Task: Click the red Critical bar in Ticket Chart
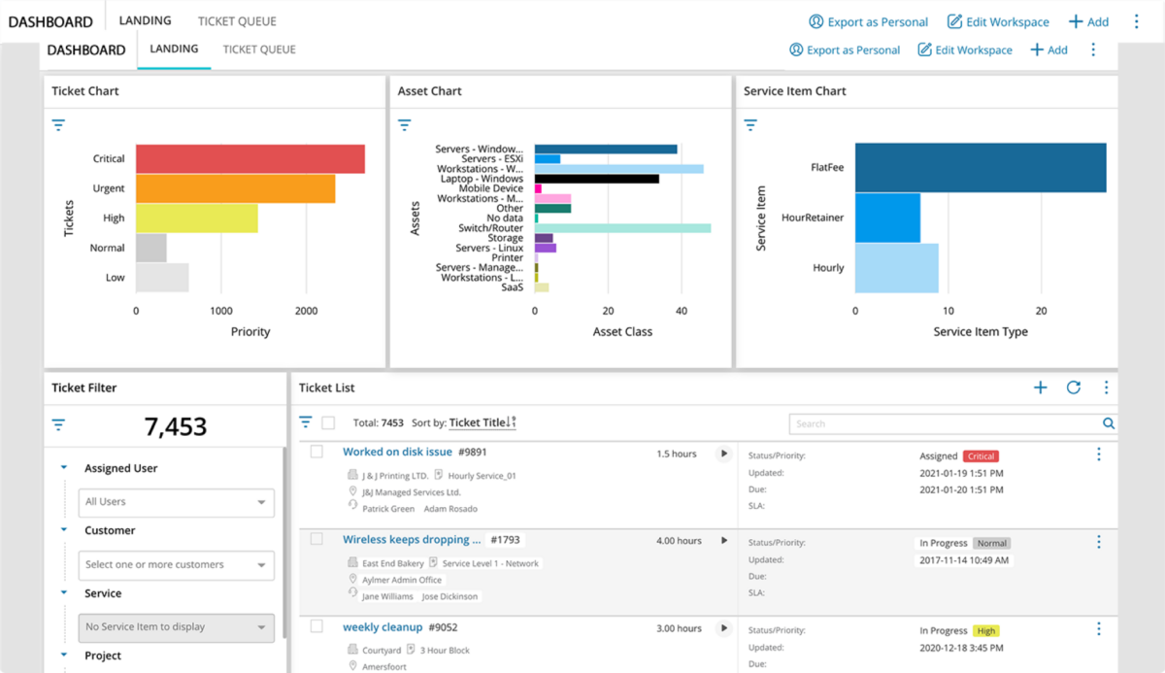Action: tap(250, 159)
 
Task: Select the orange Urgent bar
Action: tap(235, 188)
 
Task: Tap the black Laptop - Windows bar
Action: tap(596, 179)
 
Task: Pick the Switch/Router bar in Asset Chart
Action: tap(622, 228)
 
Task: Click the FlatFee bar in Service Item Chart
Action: tap(980, 168)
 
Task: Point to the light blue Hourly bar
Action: tap(896, 268)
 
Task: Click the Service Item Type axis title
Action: tap(980, 332)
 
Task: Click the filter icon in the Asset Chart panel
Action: tap(405, 125)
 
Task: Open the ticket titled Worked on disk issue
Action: tap(397, 453)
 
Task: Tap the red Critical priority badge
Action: tap(981, 456)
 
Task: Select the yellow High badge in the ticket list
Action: tap(986, 631)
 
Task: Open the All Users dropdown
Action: tap(176, 502)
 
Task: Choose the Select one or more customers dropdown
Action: tap(176, 565)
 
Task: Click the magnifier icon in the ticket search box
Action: tap(1108, 423)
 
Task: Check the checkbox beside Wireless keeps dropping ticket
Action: tap(316, 539)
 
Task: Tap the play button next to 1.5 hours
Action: tap(723, 454)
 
